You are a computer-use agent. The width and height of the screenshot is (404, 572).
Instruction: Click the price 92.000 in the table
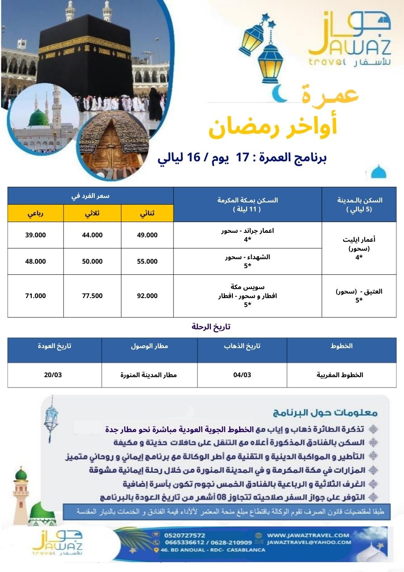point(147,295)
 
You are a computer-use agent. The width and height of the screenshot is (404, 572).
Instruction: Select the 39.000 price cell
point(36,235)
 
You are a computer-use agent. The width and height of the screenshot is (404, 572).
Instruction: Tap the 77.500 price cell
point(93,295)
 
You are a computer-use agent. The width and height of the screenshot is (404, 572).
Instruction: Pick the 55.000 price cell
point(147,261)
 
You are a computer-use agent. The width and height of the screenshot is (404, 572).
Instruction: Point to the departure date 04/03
point(242,374)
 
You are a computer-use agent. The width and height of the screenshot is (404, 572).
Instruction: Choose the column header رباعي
point(35,213)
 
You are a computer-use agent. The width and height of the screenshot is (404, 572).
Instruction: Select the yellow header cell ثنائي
point(147,213)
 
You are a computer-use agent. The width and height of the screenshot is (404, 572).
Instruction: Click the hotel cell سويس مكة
point(247,287)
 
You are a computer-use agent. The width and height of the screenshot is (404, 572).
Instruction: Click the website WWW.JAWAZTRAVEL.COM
point(308,535)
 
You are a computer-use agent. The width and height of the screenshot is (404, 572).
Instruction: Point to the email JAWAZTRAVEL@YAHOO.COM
point(309,542)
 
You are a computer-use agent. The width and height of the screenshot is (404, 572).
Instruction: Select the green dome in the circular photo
point(39,118)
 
